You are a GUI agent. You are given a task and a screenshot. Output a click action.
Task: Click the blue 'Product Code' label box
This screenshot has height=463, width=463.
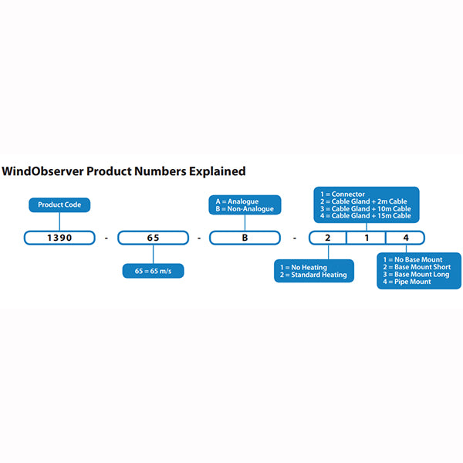[x=60, y=205]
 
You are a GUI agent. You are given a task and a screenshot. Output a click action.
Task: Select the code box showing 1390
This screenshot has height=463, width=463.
[x=59, y=238]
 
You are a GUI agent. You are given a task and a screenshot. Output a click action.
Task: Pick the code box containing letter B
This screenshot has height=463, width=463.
[x=245, y=238]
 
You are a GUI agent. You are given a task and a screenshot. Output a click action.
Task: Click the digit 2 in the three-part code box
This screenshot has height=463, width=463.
[x=327, y=238]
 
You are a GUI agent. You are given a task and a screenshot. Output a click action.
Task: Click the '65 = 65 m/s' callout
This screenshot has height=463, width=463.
[x=153, y=270]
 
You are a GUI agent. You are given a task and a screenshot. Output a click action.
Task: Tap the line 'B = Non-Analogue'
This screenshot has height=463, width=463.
[x=244, y=208]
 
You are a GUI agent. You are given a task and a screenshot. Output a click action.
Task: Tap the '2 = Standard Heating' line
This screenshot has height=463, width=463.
[x=314, y=275]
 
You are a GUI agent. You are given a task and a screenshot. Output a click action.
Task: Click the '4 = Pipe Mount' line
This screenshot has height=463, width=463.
[x=407, y=282]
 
